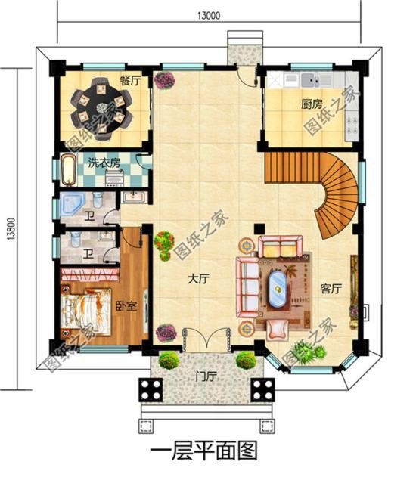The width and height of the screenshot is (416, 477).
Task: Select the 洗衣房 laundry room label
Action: (x=104, y=163)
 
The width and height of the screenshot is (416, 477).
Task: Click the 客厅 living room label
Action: (x=331, y=288)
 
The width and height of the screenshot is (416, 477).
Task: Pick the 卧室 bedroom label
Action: (x=126, y=305)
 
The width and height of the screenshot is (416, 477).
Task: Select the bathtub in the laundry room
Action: (x=68, y=169)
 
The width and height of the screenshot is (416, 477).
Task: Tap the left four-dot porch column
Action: (x=148, y=390)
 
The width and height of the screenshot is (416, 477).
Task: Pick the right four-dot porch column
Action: (x=262, y=390)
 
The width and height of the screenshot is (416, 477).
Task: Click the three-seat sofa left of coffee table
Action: (x=248, y=280)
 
